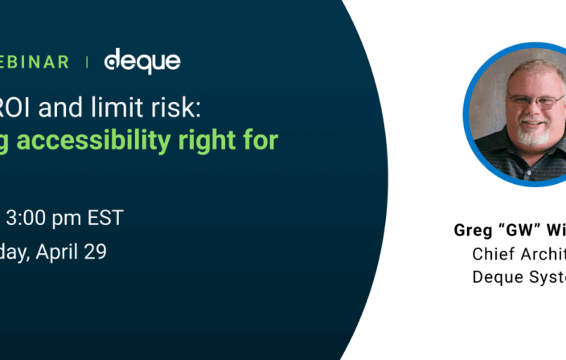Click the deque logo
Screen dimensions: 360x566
(142, 60)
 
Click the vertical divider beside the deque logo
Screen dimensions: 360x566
(87, 62)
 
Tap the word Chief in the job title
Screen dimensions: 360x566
(493, 254)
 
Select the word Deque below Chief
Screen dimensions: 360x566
(495, 276)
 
